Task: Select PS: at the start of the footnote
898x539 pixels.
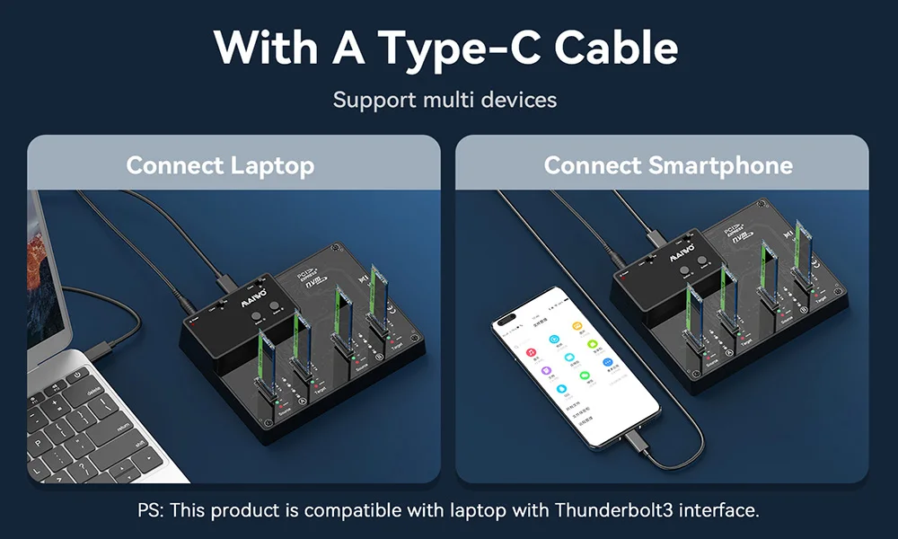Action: click(151, 510)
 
